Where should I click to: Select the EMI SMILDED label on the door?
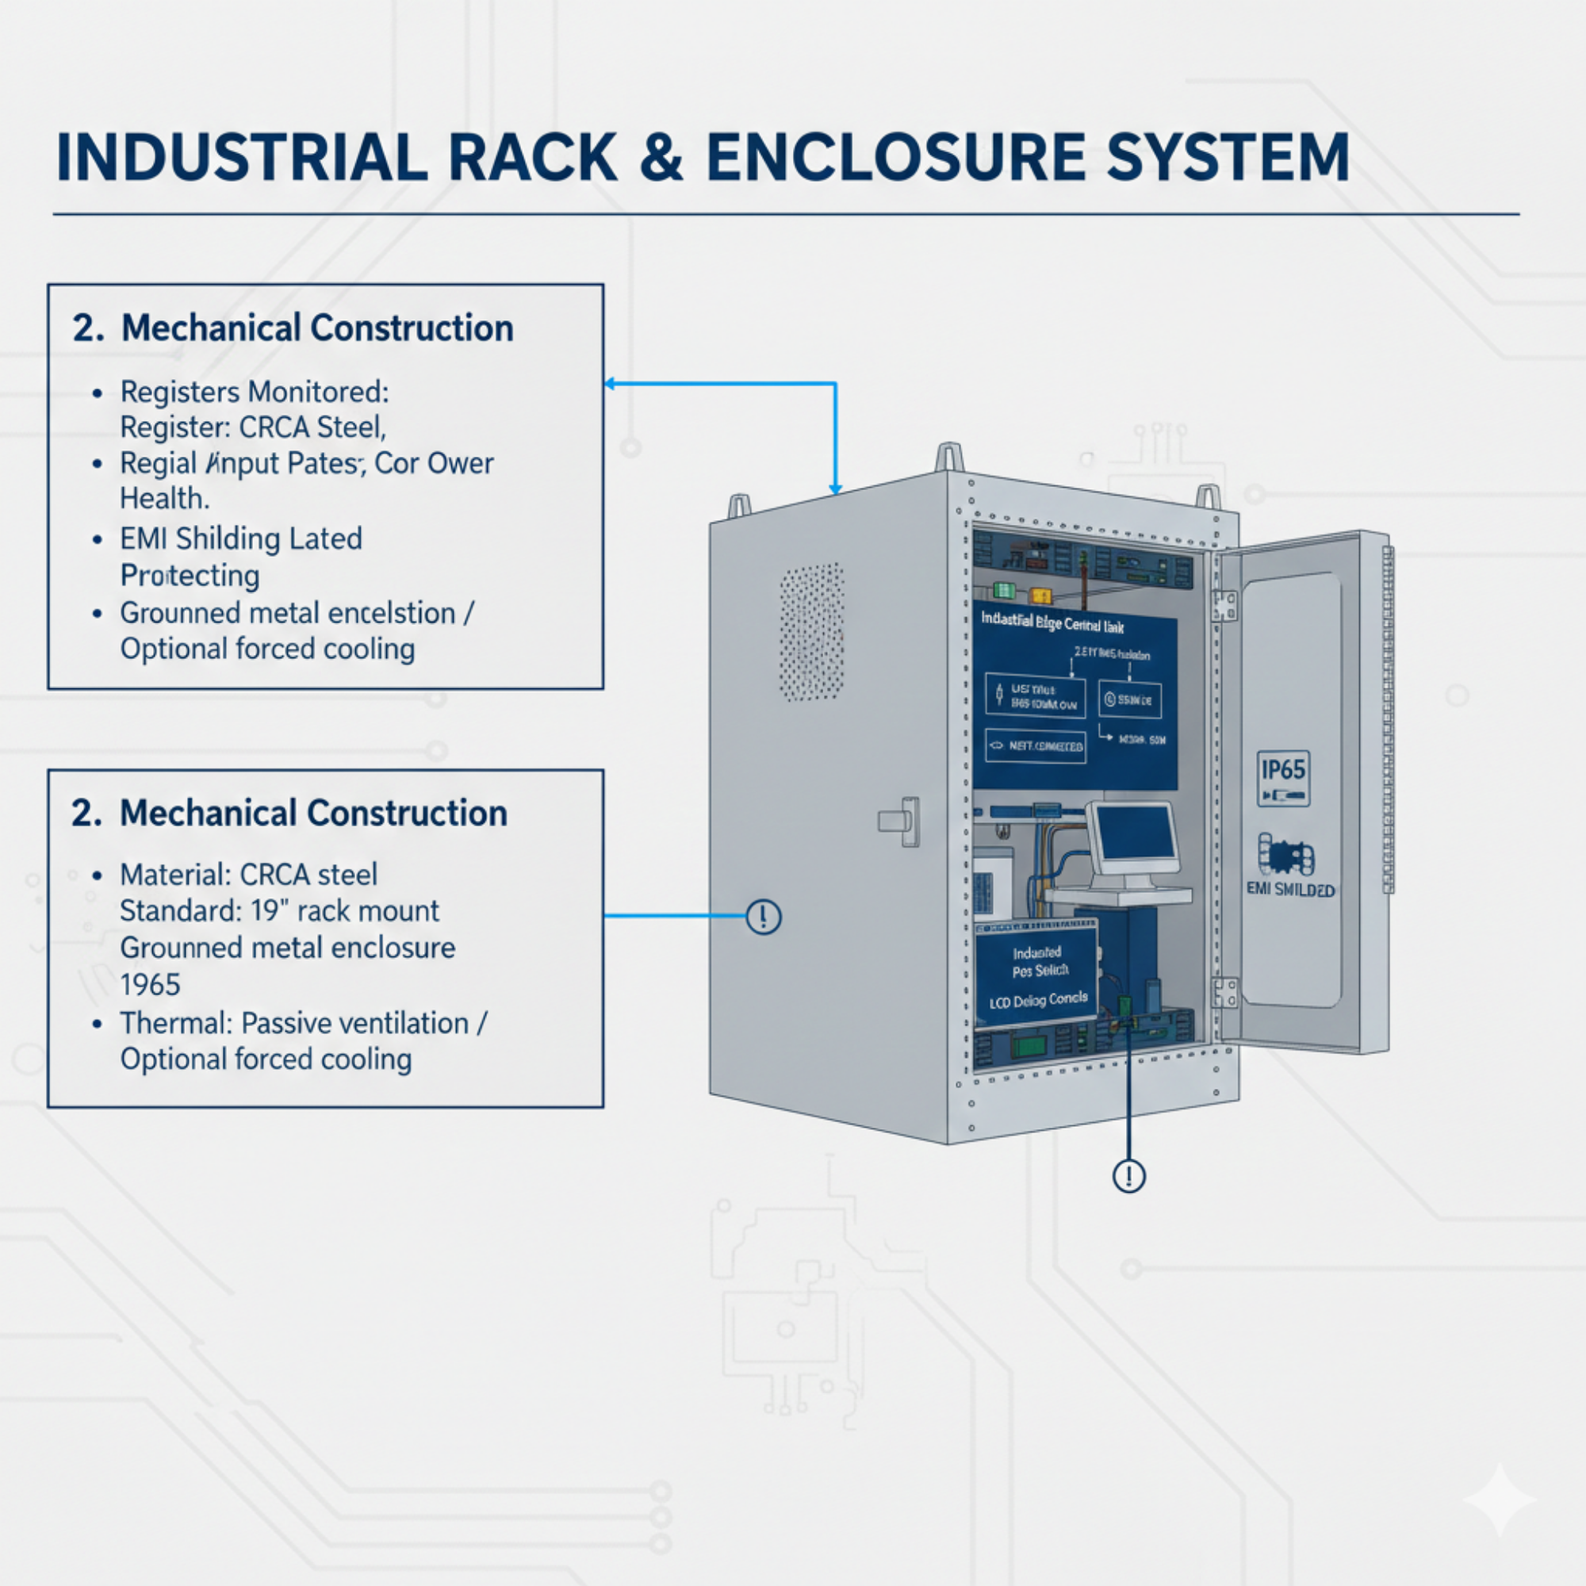tap(1290, 890)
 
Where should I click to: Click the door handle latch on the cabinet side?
tap(901, 820)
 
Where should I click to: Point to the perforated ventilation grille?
tap(812, 631)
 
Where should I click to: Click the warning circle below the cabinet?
tap(1128, 1175)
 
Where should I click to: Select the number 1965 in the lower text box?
tap(150, 984)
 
